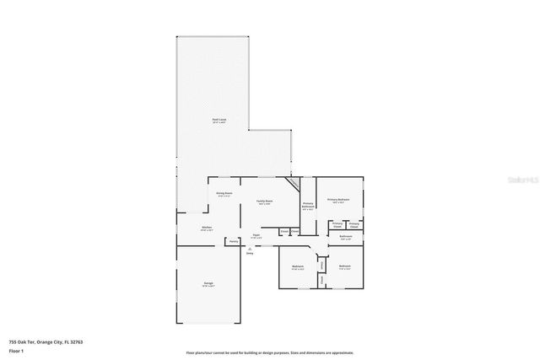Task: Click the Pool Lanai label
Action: tap(219, 120)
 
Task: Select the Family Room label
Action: tap(264, 201)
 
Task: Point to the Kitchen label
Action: tap(206, 228)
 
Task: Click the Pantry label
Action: tap(232, 242)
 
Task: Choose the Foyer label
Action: tap(256, 235)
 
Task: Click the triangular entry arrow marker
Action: tap(250, 249)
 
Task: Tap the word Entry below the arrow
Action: tap(250, 254)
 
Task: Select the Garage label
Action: tap(208, 282)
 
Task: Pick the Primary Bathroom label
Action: tap(309, 205)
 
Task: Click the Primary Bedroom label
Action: tap(338, 200)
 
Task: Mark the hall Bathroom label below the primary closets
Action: tap(346, 237)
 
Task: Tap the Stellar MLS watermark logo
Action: tap(524, 180)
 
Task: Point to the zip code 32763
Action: tap(78, 341)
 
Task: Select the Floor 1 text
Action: tap(16, 350)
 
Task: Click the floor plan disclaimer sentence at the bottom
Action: tap(270, 353)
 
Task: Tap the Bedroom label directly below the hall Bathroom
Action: tap(344, 266)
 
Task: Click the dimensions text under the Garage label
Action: tap(208, 287)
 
